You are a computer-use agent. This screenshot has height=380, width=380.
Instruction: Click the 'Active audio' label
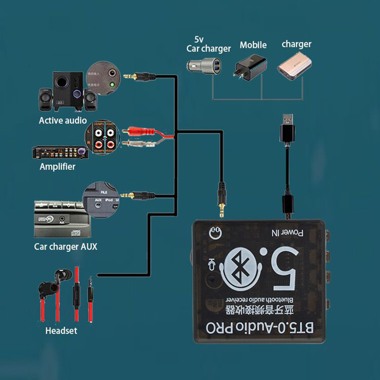coord(63,120)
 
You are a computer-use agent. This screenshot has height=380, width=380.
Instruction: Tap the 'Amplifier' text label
coord(57,167)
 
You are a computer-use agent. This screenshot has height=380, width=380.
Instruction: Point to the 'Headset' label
coord(61,331)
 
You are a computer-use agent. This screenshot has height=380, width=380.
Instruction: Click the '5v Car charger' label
coord(208,44)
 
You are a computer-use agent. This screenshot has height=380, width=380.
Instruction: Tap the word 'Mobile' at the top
coord(253,45)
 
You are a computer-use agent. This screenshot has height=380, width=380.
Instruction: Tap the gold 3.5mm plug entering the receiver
coord(220,202)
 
